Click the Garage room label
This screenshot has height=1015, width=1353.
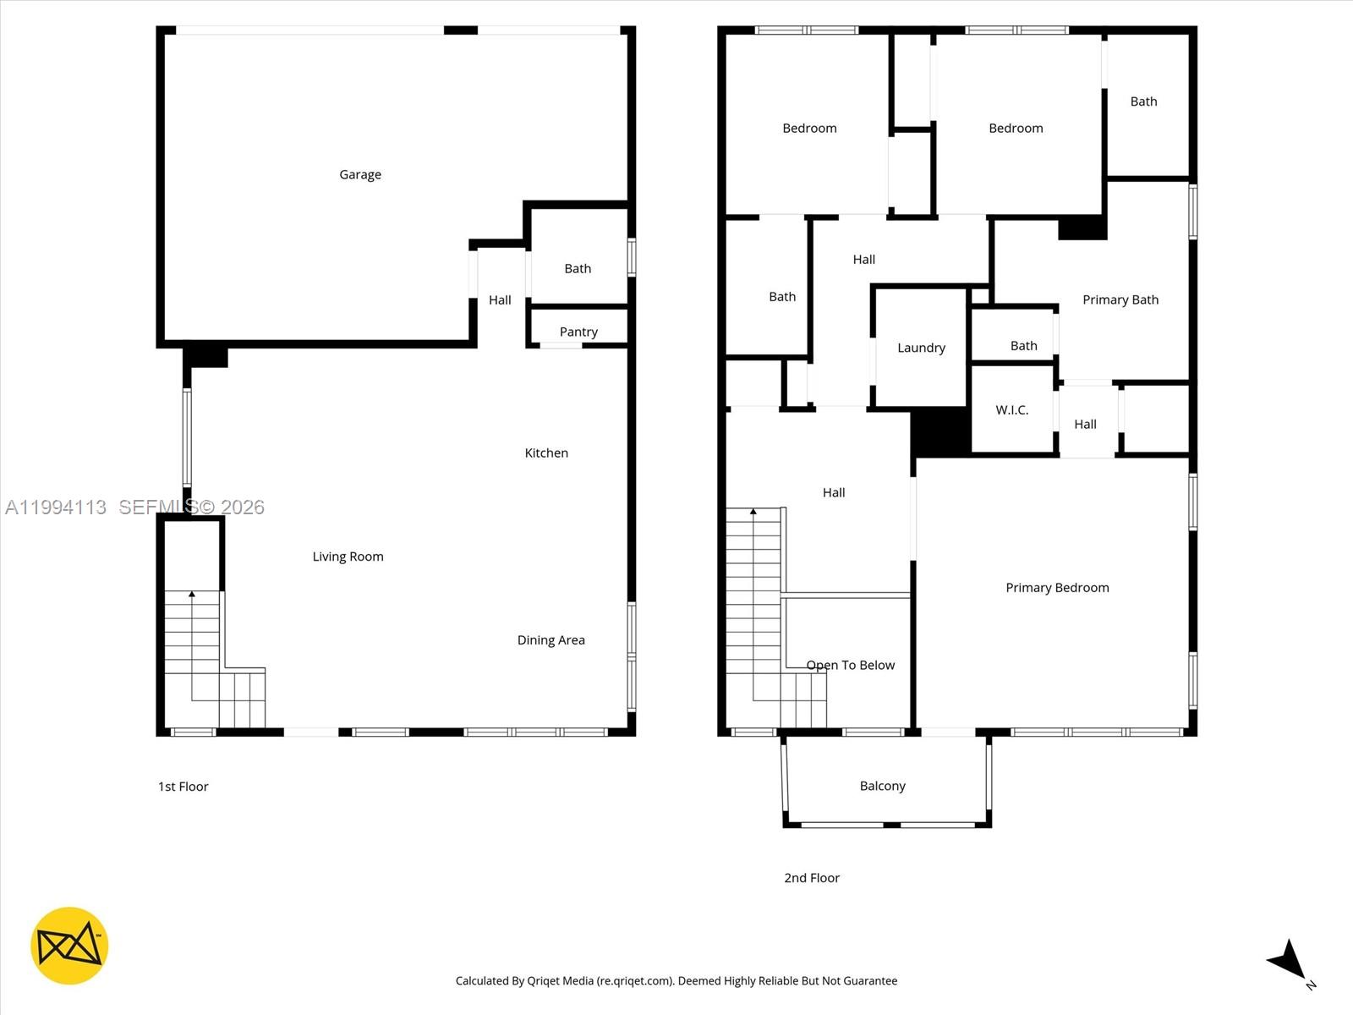pyautogui.click(x=360, y=174)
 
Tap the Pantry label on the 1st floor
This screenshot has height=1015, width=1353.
pyautogui.click(x=578, y=332)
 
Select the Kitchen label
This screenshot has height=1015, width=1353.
pyautogui.click(x=546, y=453)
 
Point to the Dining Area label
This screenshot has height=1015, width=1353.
pyautogui.click(x=551, y=639)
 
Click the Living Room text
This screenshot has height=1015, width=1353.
pyautogui.click(x=348, y=556)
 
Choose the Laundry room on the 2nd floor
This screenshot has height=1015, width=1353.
pyautogui.click(x=921, y=348)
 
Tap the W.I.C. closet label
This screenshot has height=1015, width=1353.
pyautogui.click(x=1011, y=409)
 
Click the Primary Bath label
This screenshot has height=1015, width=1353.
pyautogui.click(x=1120, y=299)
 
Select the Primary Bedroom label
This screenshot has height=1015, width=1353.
pyautogui.click(x=1057, y=587)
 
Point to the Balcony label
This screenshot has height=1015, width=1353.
pyautogui.click(x=882, y=786)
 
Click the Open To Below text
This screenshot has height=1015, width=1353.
pyautogui.click(x=850, y=665)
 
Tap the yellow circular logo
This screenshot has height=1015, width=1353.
pyautogui.click(x=69, y=946)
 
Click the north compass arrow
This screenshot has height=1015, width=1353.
pyautogui.click(x=1290, y=960)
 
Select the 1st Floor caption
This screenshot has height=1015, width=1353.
pyautogui.click(x=183, y=786)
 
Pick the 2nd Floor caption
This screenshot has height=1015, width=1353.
pyautogui.click(x=811, y=877)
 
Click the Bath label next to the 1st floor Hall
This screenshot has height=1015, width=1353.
pyautogui.click(x=578, y=268)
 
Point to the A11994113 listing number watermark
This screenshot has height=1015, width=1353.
pyautogui.click(x=56, y=507)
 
